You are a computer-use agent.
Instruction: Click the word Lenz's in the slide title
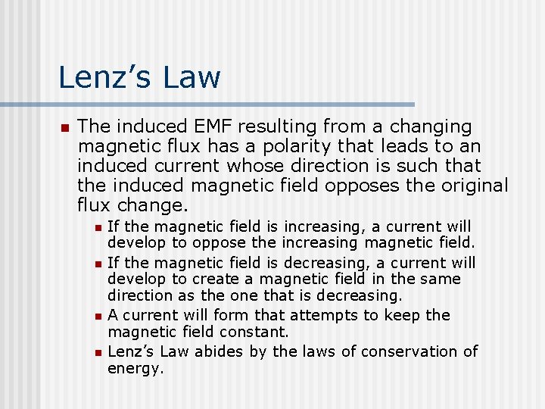coord(107,77)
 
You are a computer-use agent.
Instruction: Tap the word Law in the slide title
coord(193,77)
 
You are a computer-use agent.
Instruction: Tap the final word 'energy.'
coord(135,368)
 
